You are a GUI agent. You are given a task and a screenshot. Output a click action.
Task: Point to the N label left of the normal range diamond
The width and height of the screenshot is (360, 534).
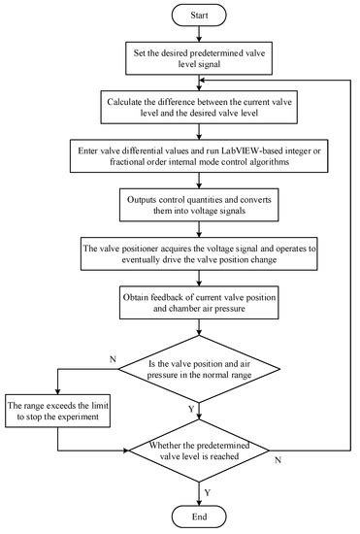(x=115, y=358)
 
